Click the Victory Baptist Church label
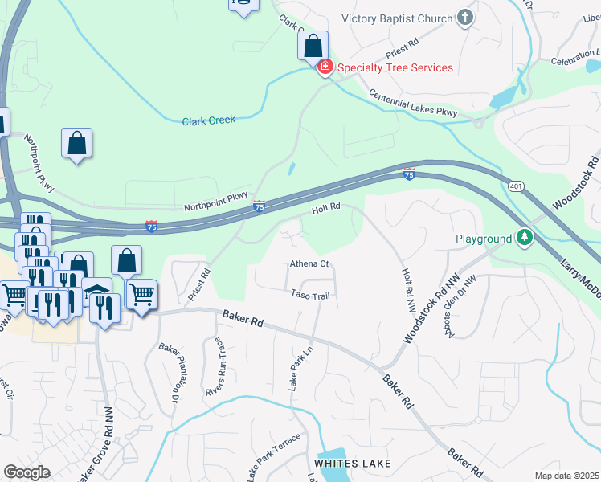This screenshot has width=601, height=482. coord(398,18)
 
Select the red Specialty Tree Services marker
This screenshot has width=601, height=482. coord(325,67)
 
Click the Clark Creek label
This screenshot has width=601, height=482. coord(208,120)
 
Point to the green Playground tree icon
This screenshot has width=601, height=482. coord(525,239)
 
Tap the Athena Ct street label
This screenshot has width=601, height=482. coord(309,264)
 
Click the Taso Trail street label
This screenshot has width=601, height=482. coord(310,296)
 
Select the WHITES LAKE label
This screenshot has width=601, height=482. coord(353,464)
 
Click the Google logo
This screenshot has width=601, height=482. coord(27,472)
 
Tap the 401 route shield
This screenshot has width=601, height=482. coord(515,186)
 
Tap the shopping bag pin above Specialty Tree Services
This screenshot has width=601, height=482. coord(313,46)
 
